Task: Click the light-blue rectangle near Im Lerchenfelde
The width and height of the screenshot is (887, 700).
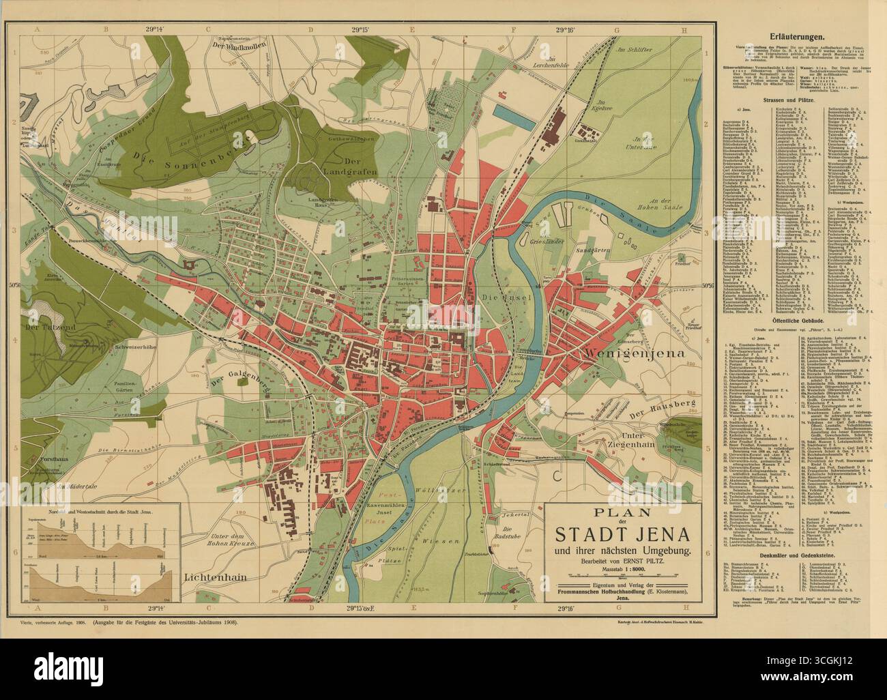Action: [x=512, y=111]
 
